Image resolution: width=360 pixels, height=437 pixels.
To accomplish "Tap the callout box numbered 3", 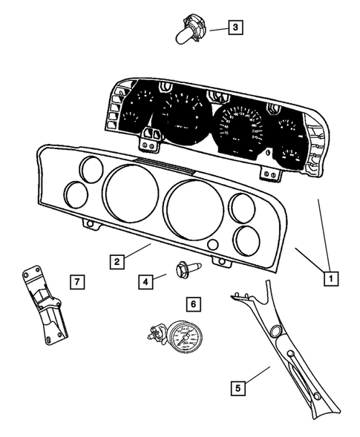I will (235, 28).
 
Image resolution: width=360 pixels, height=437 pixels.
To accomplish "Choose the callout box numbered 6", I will (193, 303).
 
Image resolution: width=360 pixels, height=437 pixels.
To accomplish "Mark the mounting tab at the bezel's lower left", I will (90, 223).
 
